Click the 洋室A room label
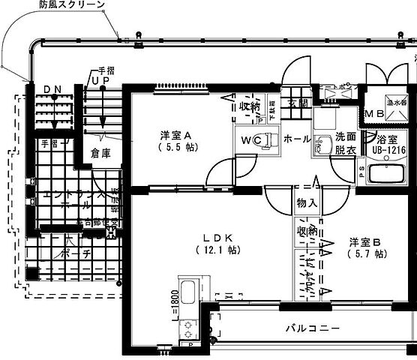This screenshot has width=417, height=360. tap(177, 135)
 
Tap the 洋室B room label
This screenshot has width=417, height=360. tap(365, 243)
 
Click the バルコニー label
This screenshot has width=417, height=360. tap(312, 328)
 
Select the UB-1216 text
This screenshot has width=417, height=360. tap(388, 150)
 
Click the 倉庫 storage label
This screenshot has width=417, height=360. tap(100, 153)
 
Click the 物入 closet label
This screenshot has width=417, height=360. tap(307, 202)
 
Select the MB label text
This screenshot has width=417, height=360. tap(373, 113)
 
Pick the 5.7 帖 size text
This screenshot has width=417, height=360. tap(366, 255)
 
